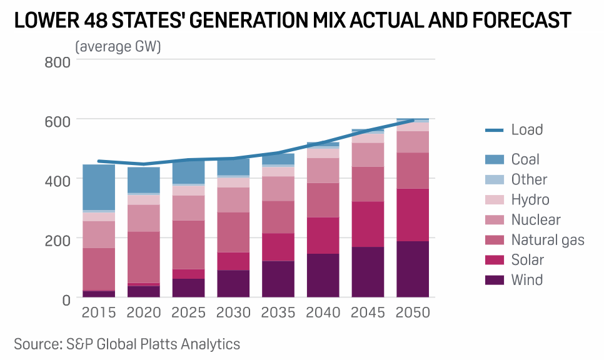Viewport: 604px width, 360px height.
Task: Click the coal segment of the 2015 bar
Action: coord(99,187)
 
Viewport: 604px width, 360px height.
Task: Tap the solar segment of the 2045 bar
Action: coord(368,224)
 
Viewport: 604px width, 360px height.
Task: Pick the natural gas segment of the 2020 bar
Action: coord(144,257)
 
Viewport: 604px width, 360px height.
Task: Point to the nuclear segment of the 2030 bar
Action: coord(233,199)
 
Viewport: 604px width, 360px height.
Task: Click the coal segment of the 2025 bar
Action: coord(189,172)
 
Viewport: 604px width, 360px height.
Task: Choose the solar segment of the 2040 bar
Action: coord(323,235)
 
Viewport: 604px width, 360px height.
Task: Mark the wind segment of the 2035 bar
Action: coord(278,279)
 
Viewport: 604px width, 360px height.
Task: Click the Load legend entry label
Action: coord(526,130)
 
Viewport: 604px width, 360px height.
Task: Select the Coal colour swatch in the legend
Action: coord(495,160)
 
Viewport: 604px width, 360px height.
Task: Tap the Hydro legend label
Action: coord(530,200)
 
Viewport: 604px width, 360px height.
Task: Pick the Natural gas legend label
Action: coord(548,240)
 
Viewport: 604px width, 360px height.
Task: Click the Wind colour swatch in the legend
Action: coord(495,280)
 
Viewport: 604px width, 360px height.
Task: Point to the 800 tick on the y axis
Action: coord(57,61)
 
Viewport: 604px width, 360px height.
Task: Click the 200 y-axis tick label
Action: coord(57,239)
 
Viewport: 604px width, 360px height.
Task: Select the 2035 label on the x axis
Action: coord(278,312)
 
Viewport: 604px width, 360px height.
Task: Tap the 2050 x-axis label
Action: coord(413,312)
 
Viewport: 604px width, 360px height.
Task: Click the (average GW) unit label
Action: coord(118,47)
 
